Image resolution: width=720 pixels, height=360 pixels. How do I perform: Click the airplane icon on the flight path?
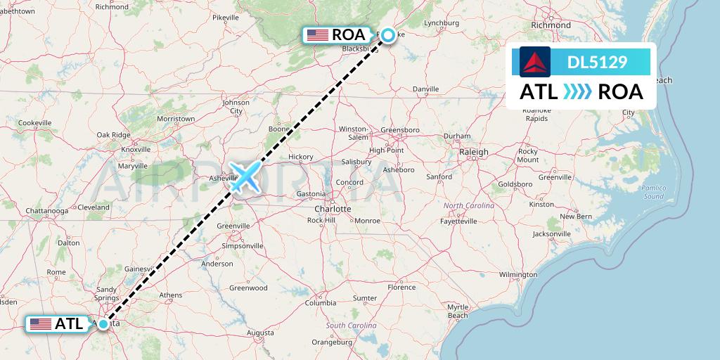click(x=244, y=176)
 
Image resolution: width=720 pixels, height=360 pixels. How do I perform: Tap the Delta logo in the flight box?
click(x=534, y=62)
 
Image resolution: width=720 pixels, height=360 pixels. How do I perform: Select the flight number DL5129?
click(x=597, y=63)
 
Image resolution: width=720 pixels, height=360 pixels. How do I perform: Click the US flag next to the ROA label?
click(x=318, y=34)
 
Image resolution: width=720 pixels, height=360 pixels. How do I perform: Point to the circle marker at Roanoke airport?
click(x=387, y=33)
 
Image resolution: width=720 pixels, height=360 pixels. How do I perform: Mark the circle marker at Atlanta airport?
click(x=103, y=324)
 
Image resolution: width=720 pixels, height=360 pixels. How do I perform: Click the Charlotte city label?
click(x=333, y=209)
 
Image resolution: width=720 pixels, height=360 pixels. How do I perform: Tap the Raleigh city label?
click(x=473, y=152)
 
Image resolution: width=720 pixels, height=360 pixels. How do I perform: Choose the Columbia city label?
click(x=320, y=303)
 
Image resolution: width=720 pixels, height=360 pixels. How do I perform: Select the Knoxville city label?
click(x=136, y=149)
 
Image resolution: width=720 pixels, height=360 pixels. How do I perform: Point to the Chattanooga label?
click(x=47, y=210)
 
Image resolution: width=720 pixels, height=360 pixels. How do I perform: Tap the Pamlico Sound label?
click(x=653, y=192)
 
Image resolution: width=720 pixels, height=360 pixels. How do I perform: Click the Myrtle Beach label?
click(x=458, y=311)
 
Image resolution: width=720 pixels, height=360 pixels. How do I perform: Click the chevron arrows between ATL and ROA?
click(x=577, y=92)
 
